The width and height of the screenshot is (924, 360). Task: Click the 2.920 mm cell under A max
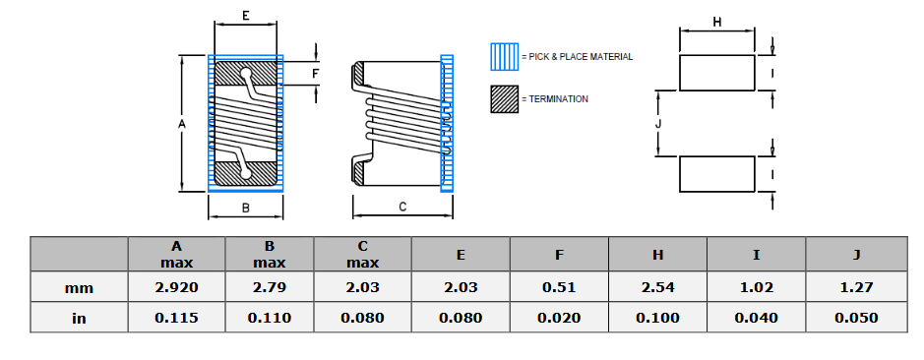[176, 287]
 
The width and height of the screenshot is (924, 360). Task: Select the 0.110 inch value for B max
[269, 318]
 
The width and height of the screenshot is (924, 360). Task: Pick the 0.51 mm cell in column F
[559, 287]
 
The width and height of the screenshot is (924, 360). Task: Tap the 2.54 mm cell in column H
[657, 287]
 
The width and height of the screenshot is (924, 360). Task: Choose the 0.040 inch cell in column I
[756, 318]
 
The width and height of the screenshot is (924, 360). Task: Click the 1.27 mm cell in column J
[856, 287]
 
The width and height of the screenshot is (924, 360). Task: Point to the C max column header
[362, 254]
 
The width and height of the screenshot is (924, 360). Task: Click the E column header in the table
[461, 254]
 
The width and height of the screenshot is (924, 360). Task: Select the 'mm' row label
[79, 287]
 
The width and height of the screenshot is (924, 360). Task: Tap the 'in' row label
[79, 318]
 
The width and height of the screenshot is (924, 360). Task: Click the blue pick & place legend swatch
[505, 57]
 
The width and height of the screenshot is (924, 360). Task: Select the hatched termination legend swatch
[505, 99]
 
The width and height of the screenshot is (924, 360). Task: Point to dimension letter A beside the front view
[181, 124]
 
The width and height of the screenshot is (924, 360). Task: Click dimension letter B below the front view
[245, 207]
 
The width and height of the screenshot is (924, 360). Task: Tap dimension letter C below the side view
[403, 207]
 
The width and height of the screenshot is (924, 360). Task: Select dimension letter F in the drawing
[316, 74]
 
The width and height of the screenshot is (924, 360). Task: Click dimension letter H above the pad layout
[716, 22]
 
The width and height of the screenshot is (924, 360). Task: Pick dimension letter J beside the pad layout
[658, 124]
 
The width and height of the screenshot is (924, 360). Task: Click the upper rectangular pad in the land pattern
[716, 74]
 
